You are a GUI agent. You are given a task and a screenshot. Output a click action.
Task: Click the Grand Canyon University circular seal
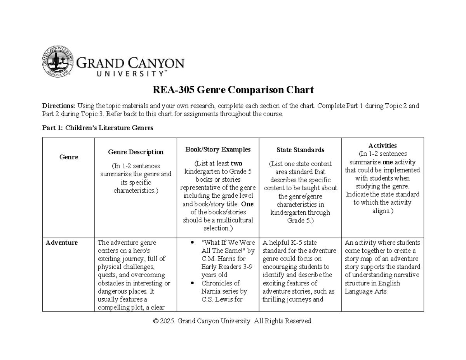(x=57, y=61)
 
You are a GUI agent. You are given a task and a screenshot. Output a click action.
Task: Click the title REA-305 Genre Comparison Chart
(x=233, y=90)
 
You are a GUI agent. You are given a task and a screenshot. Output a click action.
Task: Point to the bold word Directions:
(x=59, y=106)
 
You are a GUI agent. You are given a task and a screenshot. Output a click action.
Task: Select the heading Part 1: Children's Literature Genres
(x=97, y=128)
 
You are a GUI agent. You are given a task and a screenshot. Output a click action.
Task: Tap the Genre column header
(x=68, y=157)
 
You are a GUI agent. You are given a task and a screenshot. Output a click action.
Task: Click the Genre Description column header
(x=136, y=152)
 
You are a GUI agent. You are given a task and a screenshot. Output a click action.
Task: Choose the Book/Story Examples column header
(x=217, y=150)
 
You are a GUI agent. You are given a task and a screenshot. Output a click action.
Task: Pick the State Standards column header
(x=300, y=150)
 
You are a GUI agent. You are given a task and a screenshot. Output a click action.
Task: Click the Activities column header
(x=383, y=146)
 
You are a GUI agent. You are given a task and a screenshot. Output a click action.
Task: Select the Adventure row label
(x=62, y=243)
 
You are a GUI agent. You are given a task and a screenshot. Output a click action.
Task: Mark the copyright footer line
(x=233, y=321)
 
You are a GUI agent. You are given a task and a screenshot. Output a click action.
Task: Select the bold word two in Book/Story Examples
(x=237, y=163)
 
